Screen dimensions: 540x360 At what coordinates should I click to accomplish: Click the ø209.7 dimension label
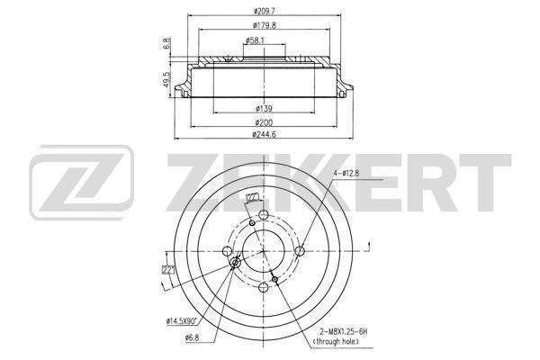[x=264, y=11]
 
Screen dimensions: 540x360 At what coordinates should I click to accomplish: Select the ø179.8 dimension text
[x=265, y=25]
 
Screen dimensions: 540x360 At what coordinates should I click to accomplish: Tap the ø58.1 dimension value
[x=255, y=40]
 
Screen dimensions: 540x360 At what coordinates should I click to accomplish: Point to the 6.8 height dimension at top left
[x=167, y=43]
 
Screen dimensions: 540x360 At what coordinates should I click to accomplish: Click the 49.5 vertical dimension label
[x=167, y=79]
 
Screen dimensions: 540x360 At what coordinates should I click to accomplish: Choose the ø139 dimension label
[x=264, y=109]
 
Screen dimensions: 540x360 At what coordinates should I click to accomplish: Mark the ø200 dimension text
[x=264, y=122]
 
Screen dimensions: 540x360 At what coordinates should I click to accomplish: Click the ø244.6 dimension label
[x=264, y=134]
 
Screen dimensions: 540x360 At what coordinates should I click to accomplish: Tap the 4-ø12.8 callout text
[x=346, y=174]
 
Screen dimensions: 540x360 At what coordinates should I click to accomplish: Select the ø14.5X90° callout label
[x=182, y=321]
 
